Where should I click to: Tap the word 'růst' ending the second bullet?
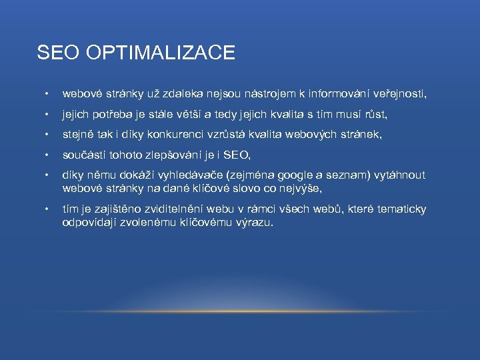(375, 115)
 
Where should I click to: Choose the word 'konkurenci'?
(173, 135)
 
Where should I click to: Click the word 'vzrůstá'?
(227, 135)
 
